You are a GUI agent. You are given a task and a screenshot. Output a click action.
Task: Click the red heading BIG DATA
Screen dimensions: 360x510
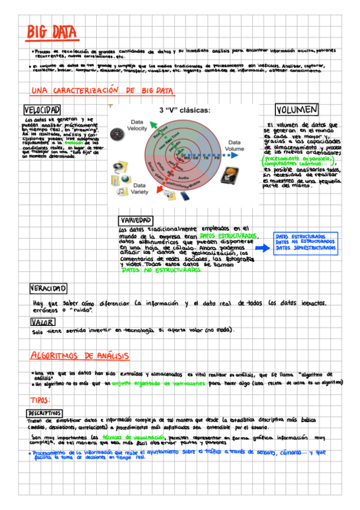tap(50, 32)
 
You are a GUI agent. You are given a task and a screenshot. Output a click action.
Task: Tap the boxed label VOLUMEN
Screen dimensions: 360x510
tap(296, 110)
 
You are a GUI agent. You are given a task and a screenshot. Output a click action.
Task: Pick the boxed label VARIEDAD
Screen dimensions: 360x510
tap(136, 220)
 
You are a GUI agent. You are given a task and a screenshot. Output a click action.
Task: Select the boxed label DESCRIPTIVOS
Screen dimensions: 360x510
tap(44, 413)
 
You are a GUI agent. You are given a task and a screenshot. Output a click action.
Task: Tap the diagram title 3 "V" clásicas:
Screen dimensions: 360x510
tap(185, 111)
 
